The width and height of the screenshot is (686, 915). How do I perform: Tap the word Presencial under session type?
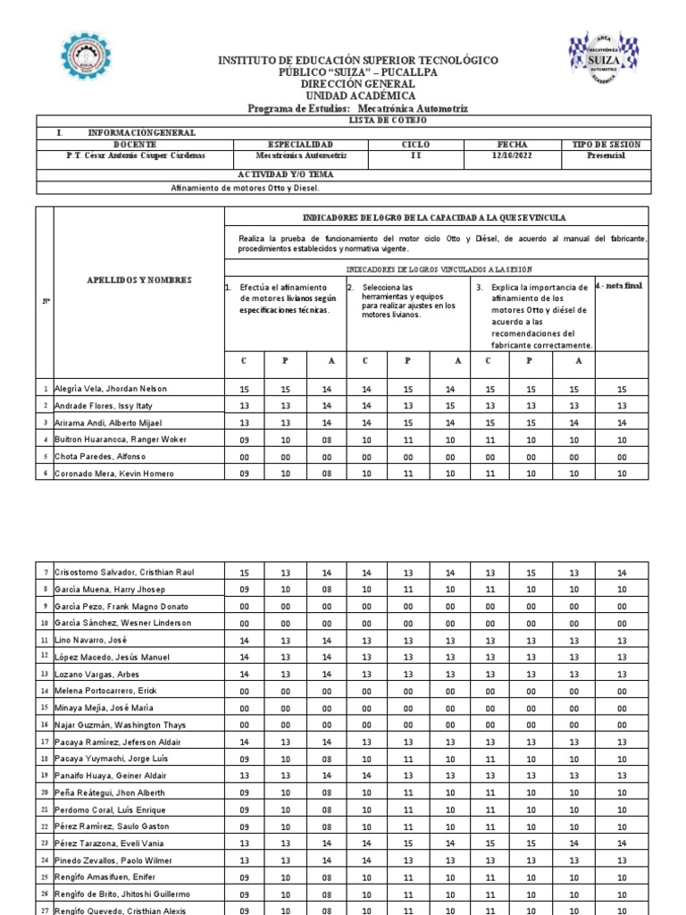[x=606, y=155]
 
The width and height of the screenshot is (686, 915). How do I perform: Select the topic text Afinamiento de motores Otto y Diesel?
[x=244, y=189]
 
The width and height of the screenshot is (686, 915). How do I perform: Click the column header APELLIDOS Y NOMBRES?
[x=138, y=280]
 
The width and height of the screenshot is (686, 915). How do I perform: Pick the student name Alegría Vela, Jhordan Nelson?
[x=111, y=389]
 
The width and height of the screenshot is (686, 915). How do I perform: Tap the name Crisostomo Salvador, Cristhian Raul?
[x=126, y=572]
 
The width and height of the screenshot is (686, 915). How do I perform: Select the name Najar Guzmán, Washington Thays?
[x=121, y=725]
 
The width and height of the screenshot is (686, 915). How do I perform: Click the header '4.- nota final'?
[x=618, y=286]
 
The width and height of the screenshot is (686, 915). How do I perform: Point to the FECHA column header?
[x=512, y=144]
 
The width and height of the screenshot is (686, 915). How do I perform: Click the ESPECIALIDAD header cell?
[x=300, y=144]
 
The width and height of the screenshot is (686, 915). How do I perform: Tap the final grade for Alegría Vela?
[x=622, y=390]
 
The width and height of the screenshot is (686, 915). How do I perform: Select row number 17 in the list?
[x=45, y=742]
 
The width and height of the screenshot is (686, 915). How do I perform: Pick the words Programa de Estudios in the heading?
[x=300, y=108]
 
